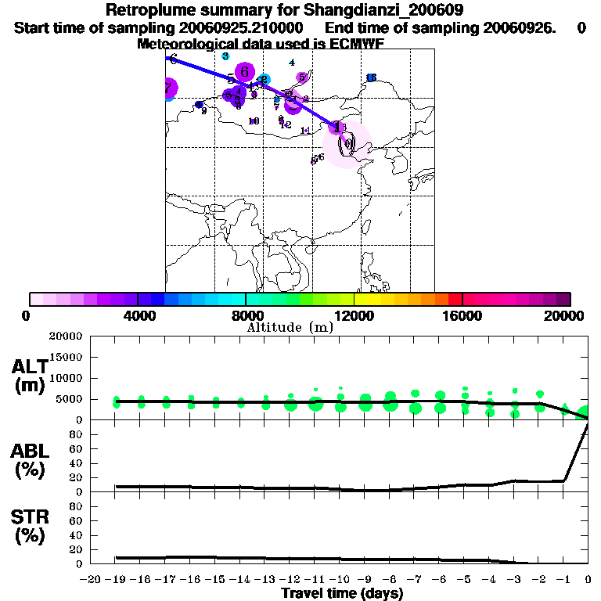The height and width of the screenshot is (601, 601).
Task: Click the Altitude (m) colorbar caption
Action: (x=290, y=327)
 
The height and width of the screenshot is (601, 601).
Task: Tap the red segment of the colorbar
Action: (x=455, y=299)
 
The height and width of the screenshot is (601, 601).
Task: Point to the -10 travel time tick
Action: (x=340, y=579)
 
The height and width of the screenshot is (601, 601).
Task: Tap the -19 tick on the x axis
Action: (x=116, y=579)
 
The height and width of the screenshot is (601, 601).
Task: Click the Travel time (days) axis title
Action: (x=342, y=594)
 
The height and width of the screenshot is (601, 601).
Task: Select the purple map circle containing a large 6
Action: (x=245, y=72)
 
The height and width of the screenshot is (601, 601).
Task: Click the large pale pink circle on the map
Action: (x=347, y=144)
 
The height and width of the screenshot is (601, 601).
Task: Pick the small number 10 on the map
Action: (x=253, y=121)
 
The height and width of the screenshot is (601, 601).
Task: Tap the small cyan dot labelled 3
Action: (x=225, y=56)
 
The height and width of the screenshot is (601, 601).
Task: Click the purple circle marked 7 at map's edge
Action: (x=169, y=89)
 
